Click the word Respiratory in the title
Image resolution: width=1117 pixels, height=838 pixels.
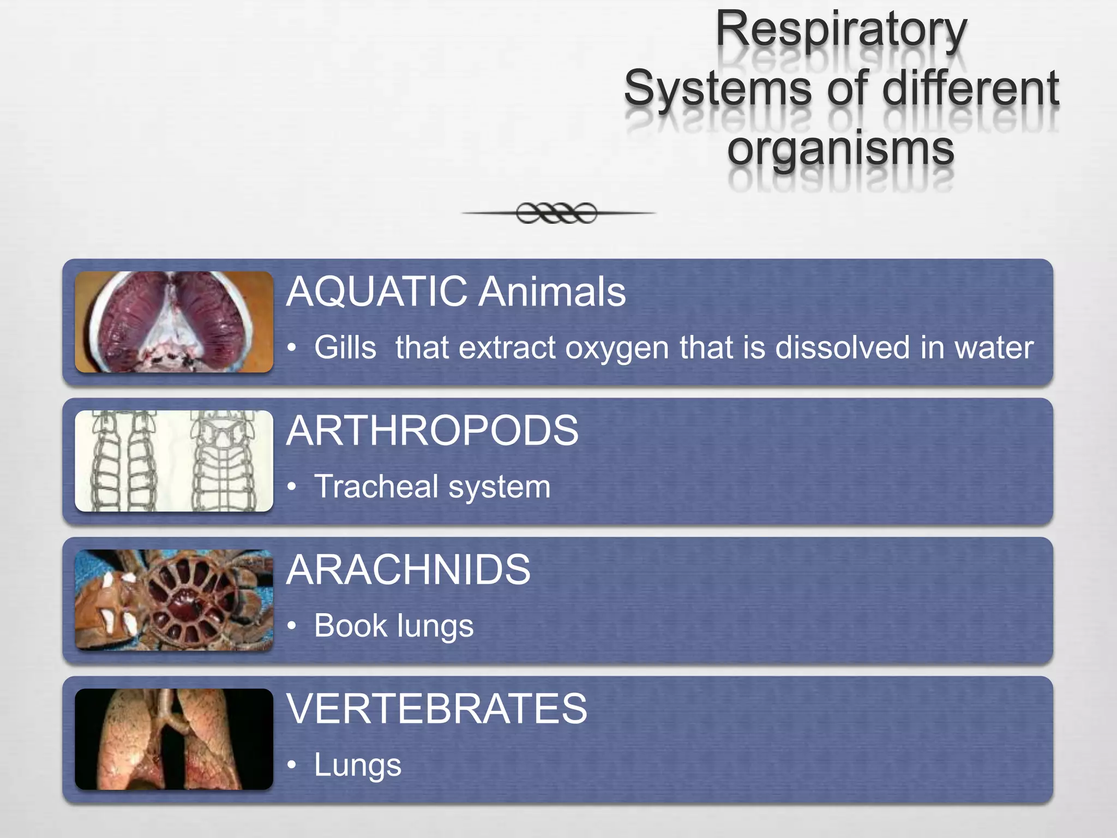(x=841, y=30)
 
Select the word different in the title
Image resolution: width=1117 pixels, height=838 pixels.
(x=970, y=88)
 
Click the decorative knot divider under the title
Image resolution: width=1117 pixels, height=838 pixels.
(x=557, y=213)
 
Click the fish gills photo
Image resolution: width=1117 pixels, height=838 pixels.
(x=174, y=322)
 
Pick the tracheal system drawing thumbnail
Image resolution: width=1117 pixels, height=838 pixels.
(x=174, y=461)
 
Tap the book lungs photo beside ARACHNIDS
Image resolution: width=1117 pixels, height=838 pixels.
(x=174, y=600)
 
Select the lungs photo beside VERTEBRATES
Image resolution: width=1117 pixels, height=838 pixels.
(x=174, y=739)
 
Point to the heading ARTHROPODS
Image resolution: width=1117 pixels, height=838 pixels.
(x=432, y=431)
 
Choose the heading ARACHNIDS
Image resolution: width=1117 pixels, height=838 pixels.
(x=408, y=570)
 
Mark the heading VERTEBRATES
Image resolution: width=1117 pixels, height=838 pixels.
(x=437, y=709)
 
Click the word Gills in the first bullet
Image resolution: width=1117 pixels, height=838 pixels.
(x=345, y=348)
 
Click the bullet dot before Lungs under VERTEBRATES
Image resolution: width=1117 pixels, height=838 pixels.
(x=292, y=765)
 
